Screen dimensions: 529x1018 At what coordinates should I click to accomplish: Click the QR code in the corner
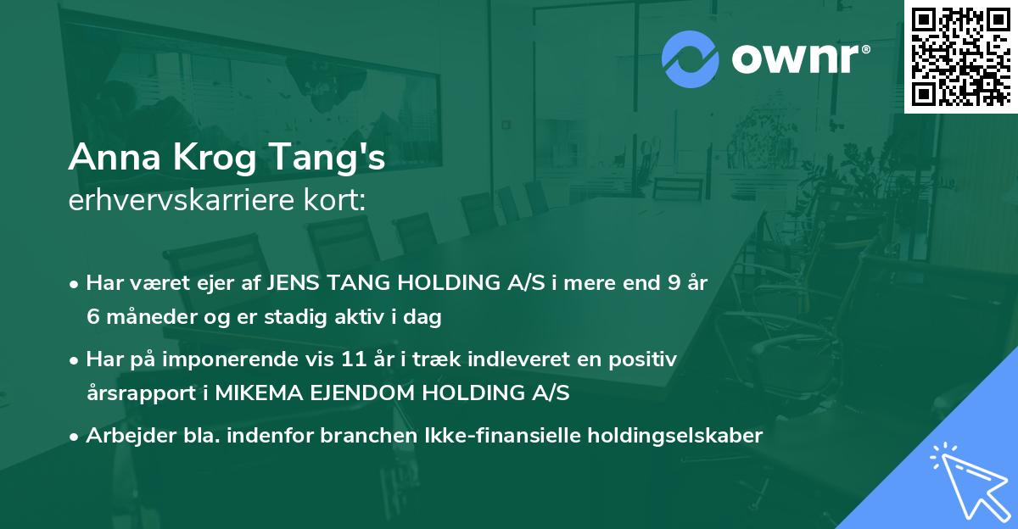(x=960, y=56)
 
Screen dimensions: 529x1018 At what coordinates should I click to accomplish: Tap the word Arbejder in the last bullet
(x=121, y=435)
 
